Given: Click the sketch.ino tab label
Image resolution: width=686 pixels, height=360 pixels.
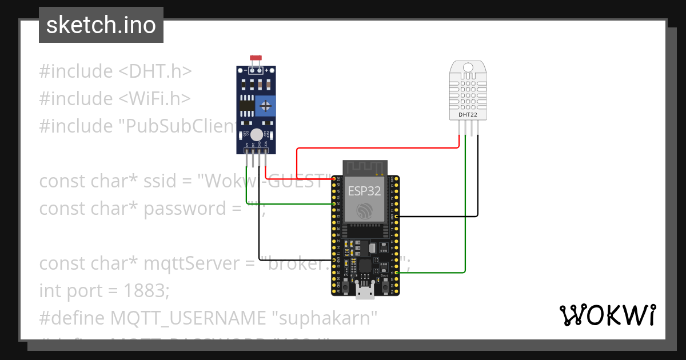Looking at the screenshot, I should coord(101,25).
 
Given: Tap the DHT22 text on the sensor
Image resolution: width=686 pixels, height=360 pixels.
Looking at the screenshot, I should coord(468,115).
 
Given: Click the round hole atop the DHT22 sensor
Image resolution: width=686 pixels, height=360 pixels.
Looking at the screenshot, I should coord(468,67).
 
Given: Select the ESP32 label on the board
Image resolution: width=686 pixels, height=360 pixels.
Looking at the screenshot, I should coord(365,191).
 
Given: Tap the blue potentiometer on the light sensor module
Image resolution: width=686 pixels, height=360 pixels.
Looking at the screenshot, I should coord(265,105).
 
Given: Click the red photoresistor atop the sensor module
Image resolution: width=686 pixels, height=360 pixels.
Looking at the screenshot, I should coord(256,58).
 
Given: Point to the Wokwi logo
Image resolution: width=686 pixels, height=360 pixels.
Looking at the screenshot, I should coord(607,315).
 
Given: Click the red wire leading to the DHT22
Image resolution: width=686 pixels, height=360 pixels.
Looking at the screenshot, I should coord(377,148).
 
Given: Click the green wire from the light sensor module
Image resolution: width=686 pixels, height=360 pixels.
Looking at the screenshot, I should coord(286,203).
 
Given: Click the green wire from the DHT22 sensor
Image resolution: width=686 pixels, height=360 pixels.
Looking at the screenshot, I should coord(466,229).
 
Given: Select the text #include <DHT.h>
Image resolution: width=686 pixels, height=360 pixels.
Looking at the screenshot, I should coord(115,71).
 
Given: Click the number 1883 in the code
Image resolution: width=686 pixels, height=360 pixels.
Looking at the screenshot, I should coord(146,291).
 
